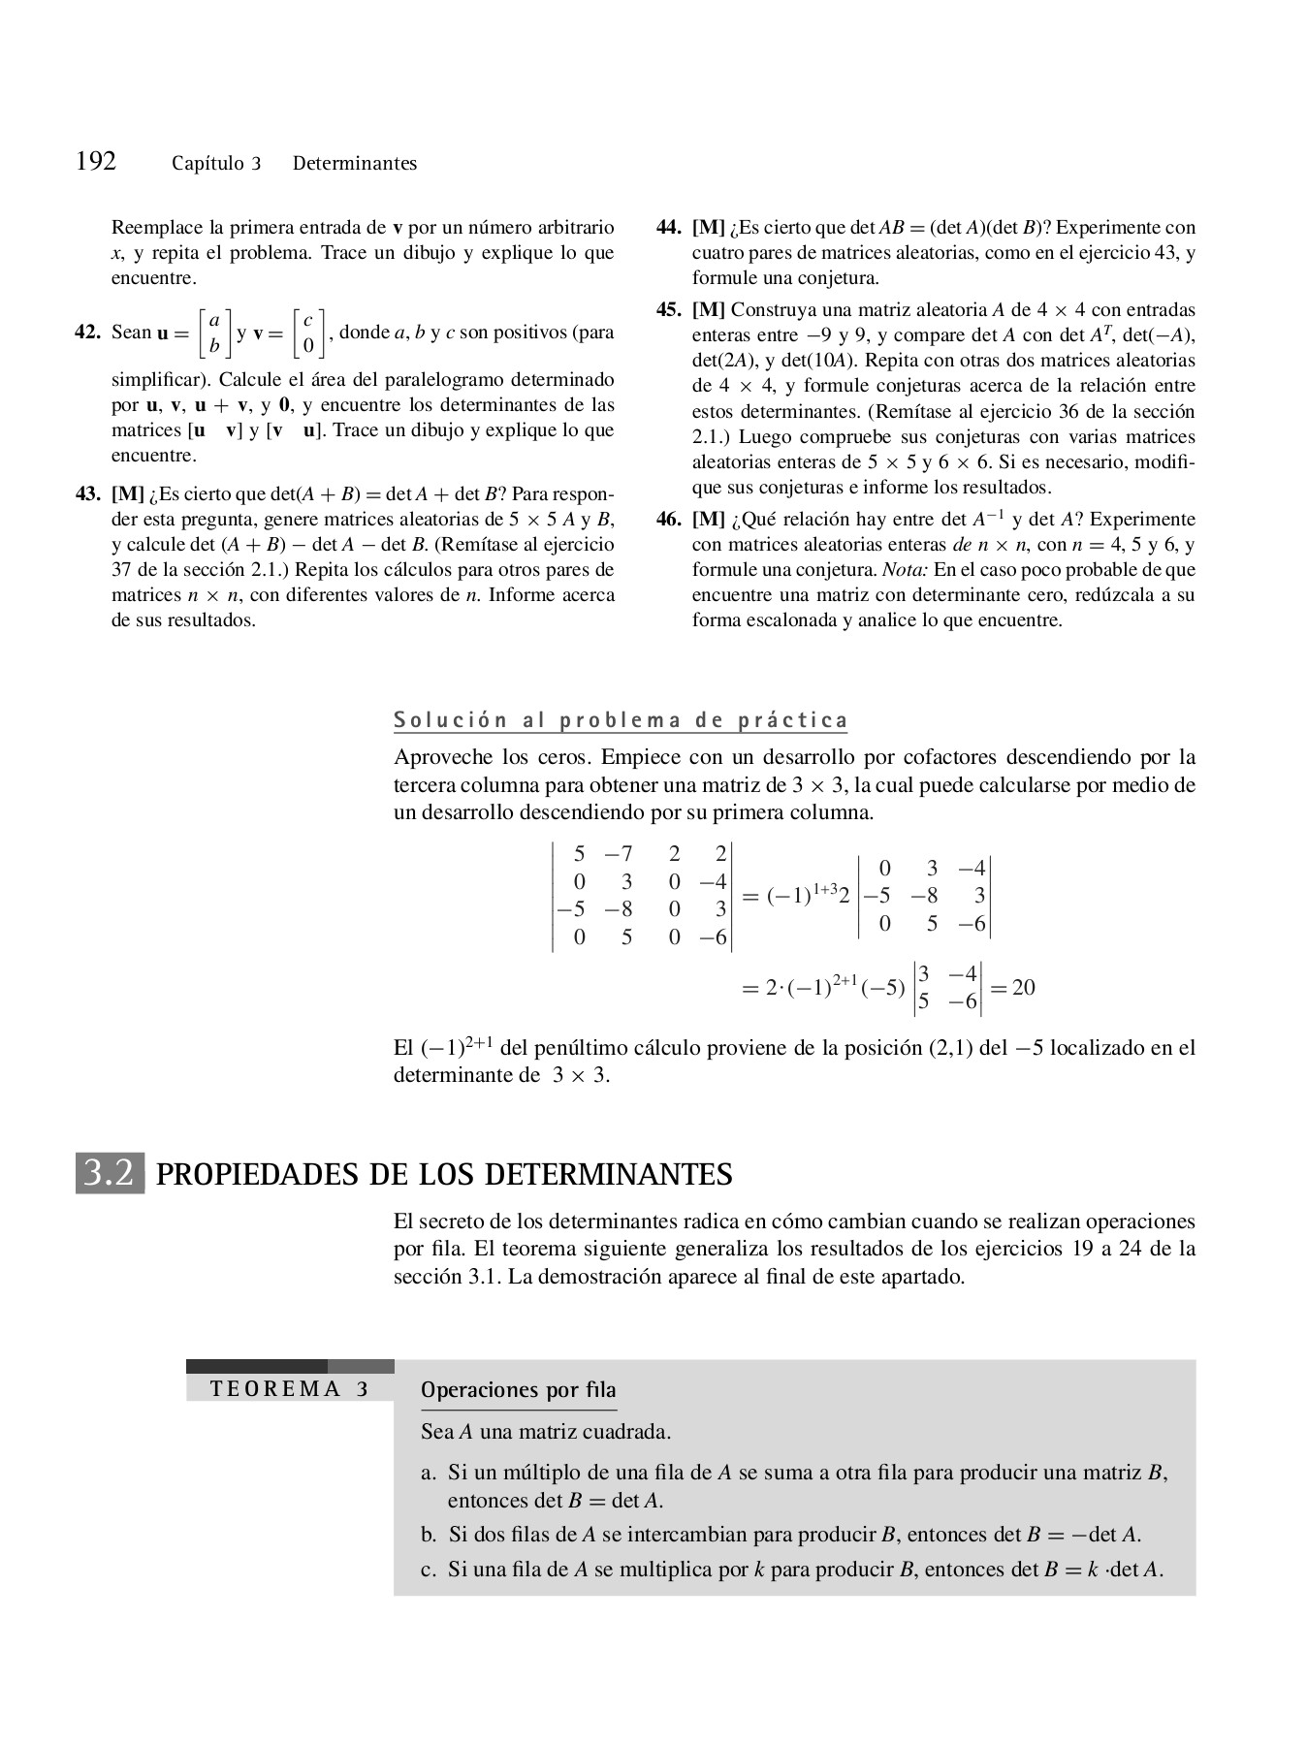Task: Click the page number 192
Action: [96, 161]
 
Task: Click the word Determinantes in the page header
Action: [355, 164]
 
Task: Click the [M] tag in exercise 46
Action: [708, 520]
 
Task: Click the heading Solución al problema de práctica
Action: [621, 720]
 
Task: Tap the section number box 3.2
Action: [110, 1174]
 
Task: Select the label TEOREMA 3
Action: [289, 1389]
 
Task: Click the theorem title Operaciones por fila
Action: [518, 1390]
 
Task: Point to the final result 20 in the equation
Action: [1023, 988]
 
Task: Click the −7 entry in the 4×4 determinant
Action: [619, 854]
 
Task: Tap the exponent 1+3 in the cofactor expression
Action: [824, 889]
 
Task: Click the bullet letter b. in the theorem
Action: [429, 1535]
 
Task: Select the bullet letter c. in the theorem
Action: [429, 1570]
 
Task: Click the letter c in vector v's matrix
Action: [307, 320]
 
